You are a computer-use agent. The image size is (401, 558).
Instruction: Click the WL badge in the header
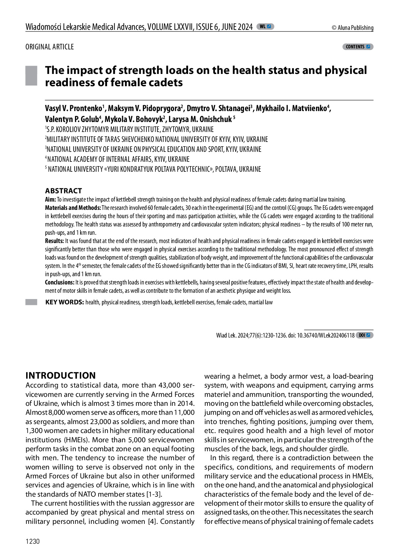[x=265, y=27]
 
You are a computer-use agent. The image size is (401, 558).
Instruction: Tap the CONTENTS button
[x=358, y=47]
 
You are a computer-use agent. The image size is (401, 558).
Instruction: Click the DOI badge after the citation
[x=364, y=335]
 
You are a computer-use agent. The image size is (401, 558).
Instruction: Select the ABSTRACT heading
[x=64, y=191]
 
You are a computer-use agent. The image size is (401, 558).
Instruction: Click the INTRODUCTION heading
[x=61, y=375]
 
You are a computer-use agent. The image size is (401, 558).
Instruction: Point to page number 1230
[x=32, y=541]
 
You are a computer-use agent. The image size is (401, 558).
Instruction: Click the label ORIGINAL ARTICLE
[x=50, y=47]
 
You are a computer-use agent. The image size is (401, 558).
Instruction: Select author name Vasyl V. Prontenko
[x=74, y=108]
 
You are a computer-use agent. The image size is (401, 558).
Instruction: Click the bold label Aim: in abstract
[x=50, y=200]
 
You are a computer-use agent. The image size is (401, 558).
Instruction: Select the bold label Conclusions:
[x=60, y=282]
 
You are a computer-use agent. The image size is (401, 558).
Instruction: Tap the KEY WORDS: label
[x=65, y=302]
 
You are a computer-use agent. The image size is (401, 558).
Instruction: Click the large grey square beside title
[x=31, y=76]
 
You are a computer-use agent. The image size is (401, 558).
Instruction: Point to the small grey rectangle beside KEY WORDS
[x=31, y=302]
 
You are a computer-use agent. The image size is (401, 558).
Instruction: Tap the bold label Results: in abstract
[x=54, y=241]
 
